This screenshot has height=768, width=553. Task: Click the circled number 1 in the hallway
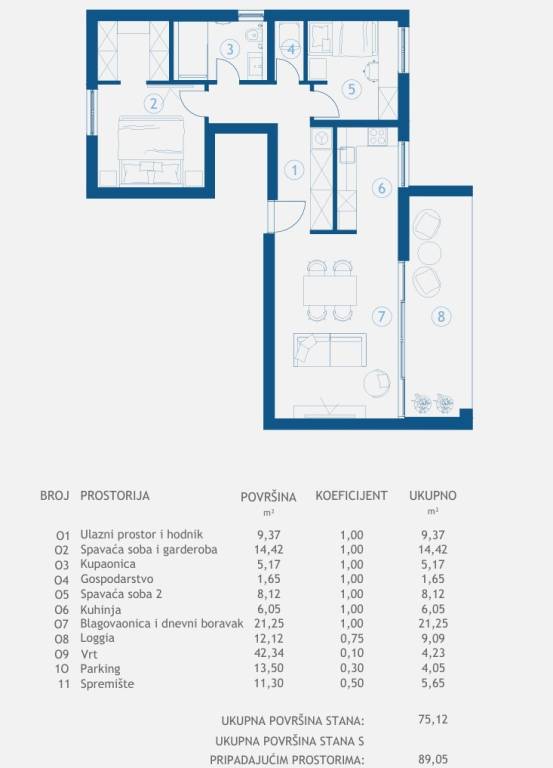point(294,170)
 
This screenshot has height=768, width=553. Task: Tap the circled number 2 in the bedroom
point(154,104)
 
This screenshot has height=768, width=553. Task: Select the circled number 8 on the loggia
point(441,316)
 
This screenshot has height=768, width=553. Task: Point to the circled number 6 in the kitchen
point(382,188)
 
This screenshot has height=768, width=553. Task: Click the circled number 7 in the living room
point(382,316)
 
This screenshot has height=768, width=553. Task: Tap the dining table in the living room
point(330,290)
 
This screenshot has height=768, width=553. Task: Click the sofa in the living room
point(330,350)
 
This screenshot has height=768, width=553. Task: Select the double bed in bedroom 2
point(151,151)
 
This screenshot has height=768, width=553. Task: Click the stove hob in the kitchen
point(378,136)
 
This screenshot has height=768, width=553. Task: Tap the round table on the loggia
point(429,254)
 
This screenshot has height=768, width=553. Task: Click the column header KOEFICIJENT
point(351,495)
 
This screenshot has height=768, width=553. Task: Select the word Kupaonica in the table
point(108,564)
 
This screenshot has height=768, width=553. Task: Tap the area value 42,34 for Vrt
point(268,653)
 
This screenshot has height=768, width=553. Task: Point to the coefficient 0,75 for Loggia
point(352,638)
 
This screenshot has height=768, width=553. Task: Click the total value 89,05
point(433,759)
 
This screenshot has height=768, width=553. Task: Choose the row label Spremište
point(107,683)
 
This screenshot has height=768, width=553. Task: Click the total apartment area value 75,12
point(433,720)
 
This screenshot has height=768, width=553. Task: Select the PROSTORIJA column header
point(115,495)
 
